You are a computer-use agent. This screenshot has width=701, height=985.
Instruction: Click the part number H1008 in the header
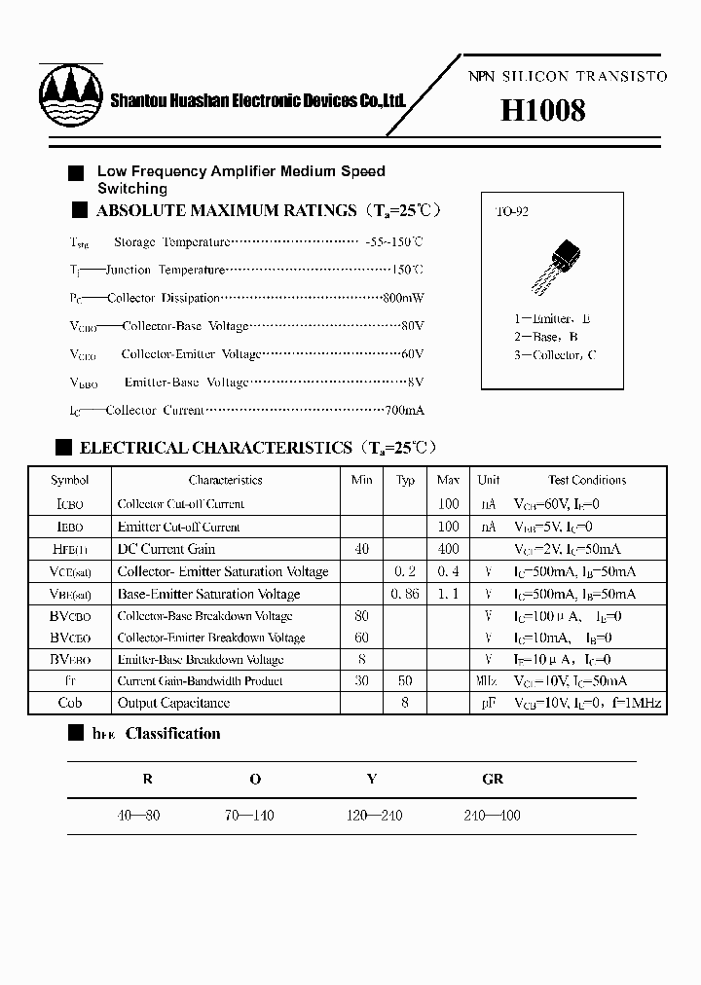(542, 110)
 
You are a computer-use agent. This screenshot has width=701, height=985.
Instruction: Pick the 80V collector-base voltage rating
(413, 326)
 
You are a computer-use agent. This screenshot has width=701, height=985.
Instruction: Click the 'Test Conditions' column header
(587, 480)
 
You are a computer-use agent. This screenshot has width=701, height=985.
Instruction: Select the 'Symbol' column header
(70, 480)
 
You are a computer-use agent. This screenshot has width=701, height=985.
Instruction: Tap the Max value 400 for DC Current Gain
(448, 549)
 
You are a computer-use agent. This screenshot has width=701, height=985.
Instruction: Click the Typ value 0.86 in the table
(405, 594)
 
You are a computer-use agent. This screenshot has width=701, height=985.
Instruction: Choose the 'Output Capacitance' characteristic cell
(173, 703)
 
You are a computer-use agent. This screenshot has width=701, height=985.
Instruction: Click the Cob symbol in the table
(70, 703)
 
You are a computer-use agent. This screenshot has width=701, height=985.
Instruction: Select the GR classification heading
(493, 779)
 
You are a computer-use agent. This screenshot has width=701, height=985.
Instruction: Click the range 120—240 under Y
(374, 816)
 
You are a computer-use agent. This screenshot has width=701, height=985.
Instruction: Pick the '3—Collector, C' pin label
(555, 355)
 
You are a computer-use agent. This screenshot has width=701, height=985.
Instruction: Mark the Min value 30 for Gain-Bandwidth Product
(362, 681)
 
